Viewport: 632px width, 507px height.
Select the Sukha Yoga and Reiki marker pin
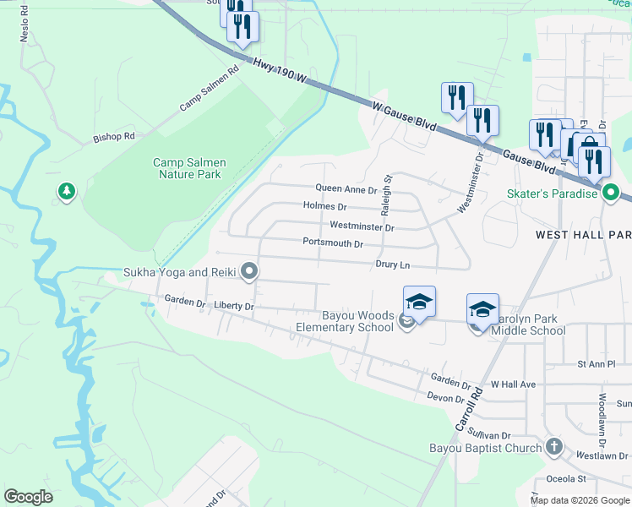click(249, 271)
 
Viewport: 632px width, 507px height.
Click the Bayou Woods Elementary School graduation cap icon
click(419, 303)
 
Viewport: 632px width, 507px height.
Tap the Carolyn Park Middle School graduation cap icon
click(482, 310)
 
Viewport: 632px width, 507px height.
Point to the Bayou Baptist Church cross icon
click(553, 447)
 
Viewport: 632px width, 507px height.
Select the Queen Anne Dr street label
click(346, 189)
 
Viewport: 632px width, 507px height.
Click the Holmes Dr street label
click(324, 206)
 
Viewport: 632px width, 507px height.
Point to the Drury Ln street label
click(393, 264)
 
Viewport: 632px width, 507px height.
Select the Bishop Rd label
click(114, 136)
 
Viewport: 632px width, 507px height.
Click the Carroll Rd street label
click(470, 409)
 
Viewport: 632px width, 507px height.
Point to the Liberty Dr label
click(234, 305)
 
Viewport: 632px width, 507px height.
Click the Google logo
click(28, 497)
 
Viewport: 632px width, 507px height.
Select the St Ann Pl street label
click(598, 364)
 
